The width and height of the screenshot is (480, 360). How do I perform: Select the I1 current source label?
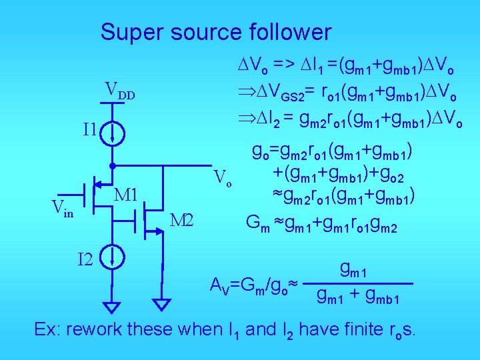[x=91, y=129]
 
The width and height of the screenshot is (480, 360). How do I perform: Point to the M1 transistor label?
[x=126, y=195]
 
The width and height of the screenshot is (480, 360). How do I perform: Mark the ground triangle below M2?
[x=161, y=305]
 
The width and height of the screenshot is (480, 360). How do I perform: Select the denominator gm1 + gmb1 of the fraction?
[x=358, y=297]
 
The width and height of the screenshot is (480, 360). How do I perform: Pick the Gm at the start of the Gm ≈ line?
[x=258, y=222]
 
